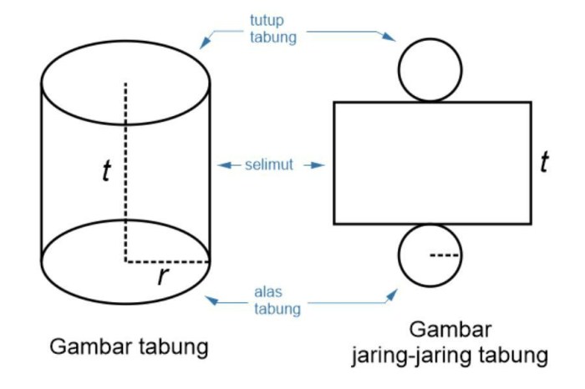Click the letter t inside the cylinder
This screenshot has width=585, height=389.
point(106,171)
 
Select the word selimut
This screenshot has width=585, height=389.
point(269,165)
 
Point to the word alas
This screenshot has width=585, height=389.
point(268,293)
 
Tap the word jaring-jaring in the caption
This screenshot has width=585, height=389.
point(411,356)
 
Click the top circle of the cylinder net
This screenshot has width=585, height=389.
point(430,69)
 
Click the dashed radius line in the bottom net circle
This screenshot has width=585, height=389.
point(445,254)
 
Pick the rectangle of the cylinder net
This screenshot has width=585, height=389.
point(432,163)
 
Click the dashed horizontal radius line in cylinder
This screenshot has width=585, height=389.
point(167,261)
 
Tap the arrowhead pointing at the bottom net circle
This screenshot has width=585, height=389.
point(392,292)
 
